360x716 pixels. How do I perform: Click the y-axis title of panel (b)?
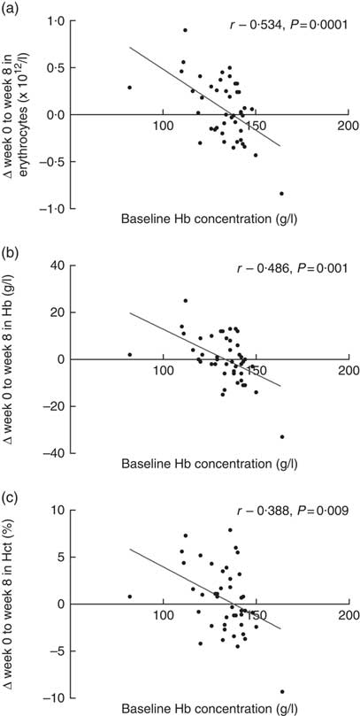click(19, 354)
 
